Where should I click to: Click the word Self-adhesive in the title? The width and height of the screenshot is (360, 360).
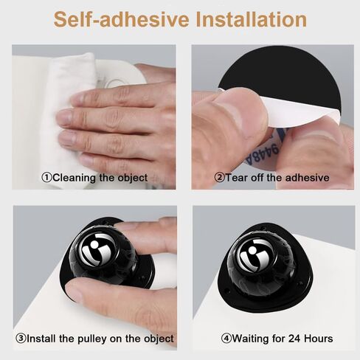122,20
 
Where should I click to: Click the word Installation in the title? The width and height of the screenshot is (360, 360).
252,20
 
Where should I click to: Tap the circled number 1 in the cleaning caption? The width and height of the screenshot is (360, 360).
46,178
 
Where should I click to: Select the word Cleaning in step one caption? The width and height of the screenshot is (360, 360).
75,178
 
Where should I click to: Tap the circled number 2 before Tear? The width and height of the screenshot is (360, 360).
219,178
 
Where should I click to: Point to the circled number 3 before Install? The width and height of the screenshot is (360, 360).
21,339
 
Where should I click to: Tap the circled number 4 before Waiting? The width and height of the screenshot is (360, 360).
226,339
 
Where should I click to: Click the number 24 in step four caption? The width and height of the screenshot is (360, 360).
294,339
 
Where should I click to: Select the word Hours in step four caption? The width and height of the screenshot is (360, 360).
319,339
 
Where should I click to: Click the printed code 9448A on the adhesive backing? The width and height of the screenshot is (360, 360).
262,153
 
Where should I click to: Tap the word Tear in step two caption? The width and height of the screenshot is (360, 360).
236,178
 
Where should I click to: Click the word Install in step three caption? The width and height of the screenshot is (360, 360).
41,339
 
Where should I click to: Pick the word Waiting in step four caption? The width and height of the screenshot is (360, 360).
251,339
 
